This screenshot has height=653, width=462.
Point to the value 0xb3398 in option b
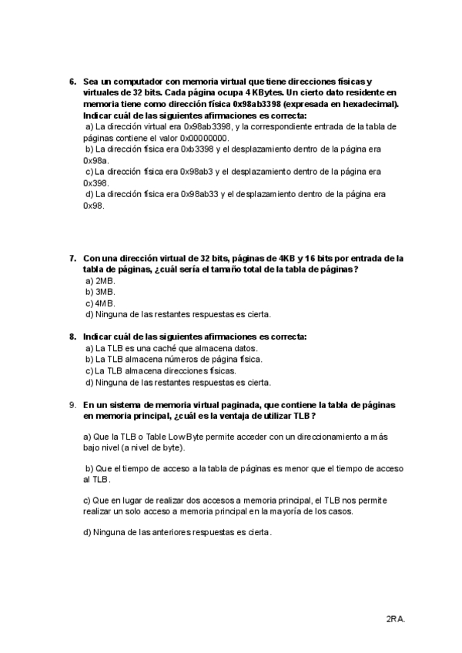(x=195, y=149)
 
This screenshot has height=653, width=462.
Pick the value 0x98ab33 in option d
(x=199, y=195)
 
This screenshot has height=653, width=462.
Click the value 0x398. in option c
(x=95, y=183)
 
